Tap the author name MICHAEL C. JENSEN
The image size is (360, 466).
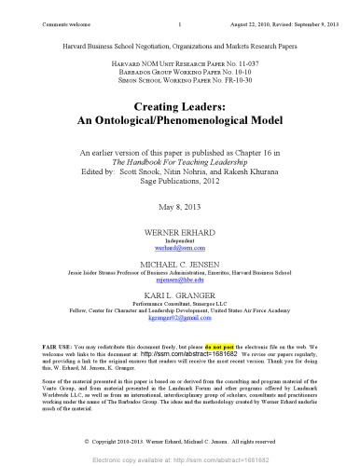(180, 267)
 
